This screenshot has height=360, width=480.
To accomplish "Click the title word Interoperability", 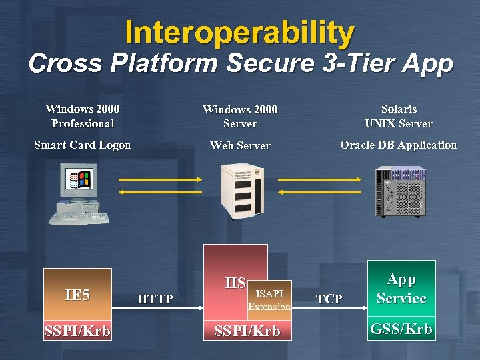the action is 239,32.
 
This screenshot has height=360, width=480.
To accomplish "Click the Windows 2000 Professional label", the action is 83,115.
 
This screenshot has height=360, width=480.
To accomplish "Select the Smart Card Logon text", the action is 83,145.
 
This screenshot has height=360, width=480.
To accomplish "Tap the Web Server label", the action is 240,145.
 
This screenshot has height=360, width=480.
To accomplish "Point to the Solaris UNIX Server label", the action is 399,115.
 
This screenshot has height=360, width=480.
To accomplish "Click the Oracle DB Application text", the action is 399,145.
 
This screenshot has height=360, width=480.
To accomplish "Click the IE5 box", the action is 77,295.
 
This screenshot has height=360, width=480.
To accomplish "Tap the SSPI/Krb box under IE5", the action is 77,331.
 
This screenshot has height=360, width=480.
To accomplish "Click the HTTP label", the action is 155,299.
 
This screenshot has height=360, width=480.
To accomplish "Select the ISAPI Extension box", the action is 269,300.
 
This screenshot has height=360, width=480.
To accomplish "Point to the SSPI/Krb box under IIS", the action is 247,331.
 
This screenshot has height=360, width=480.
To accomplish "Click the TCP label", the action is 329,299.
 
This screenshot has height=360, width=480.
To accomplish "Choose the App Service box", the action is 401,289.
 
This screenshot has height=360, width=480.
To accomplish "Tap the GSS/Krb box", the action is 401,329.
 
